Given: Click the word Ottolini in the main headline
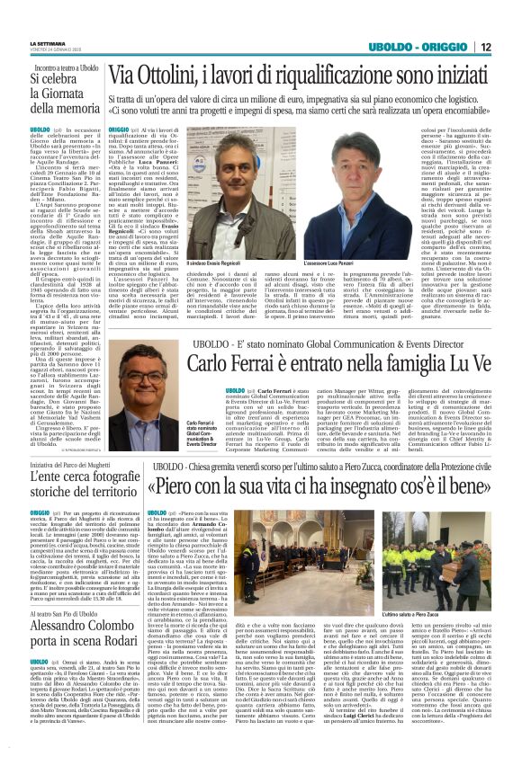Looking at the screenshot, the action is (x=170, y=75).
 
